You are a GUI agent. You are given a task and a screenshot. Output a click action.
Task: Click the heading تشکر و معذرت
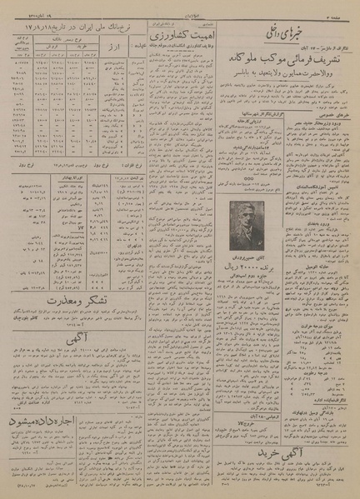click(x=57, y=300)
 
